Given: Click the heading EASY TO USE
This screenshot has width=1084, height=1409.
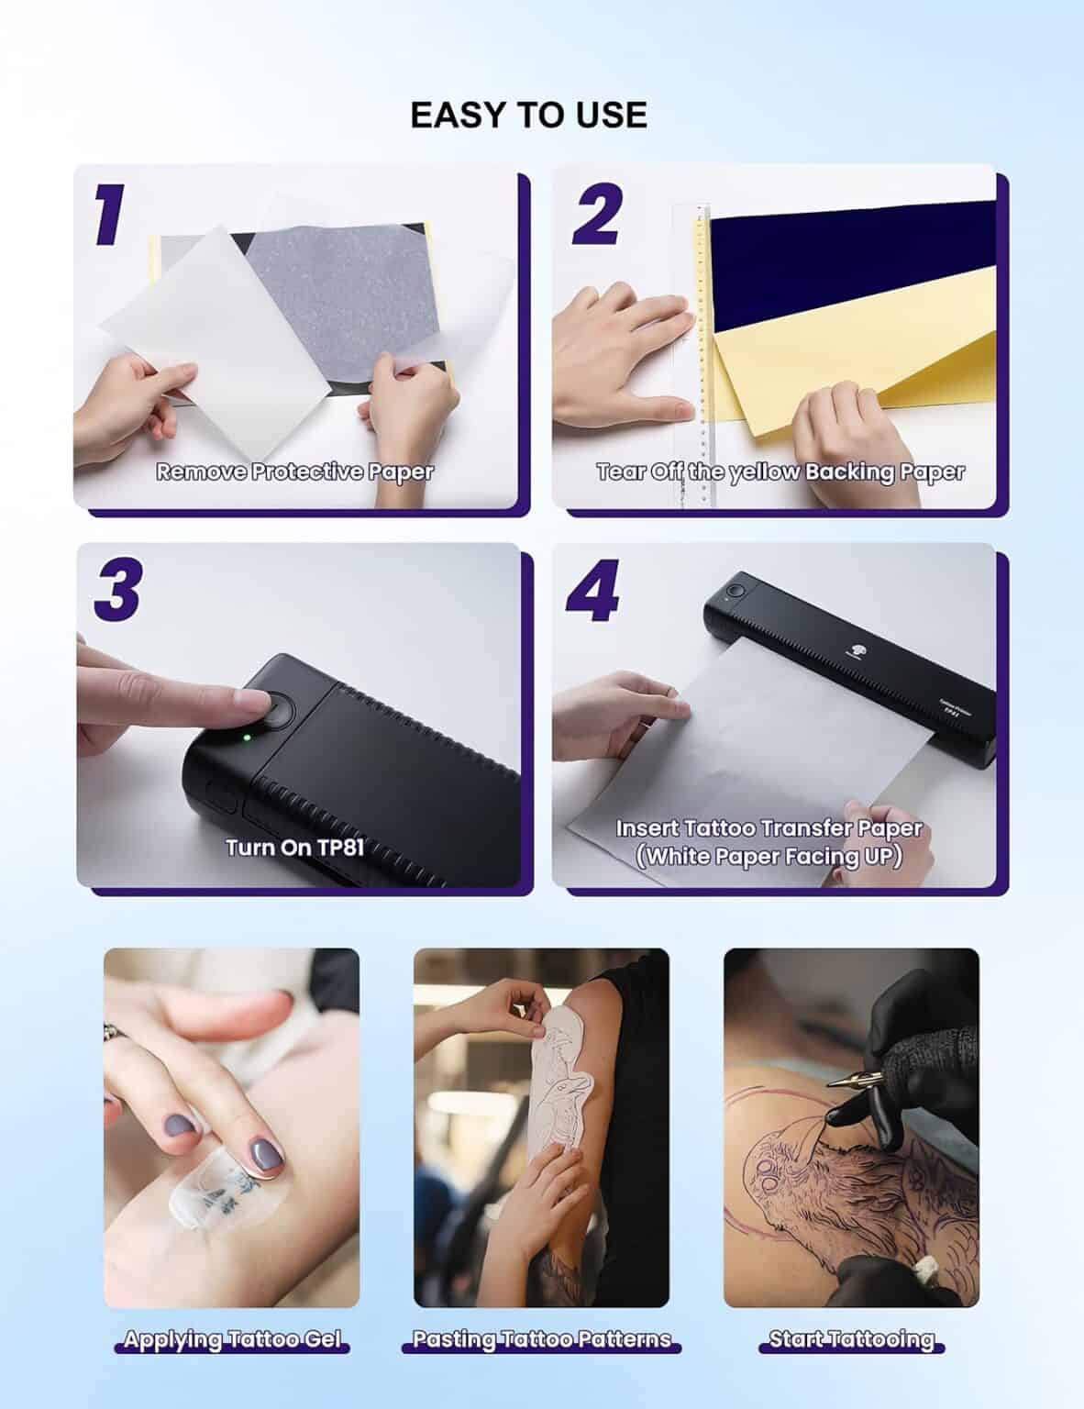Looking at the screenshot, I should (x=528, y=115).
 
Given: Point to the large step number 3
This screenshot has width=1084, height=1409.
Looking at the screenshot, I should (x=117, y=590).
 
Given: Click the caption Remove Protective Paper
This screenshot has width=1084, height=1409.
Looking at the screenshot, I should (x=294, y=472).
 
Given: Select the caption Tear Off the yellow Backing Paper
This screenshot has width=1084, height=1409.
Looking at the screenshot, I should (x=780, y=472).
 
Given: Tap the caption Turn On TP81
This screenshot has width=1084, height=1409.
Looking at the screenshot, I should (x=295, y=846).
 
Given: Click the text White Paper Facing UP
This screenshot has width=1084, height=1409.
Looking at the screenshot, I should (x=769, y=857).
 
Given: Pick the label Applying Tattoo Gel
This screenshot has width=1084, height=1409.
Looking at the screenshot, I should (x=232, y=1340).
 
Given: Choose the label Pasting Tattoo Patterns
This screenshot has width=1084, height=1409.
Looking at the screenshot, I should (x=541, y=1340).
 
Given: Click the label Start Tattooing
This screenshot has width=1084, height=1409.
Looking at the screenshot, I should (x=851, y=1340).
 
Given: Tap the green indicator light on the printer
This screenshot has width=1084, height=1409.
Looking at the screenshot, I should (x=247, y=736).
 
